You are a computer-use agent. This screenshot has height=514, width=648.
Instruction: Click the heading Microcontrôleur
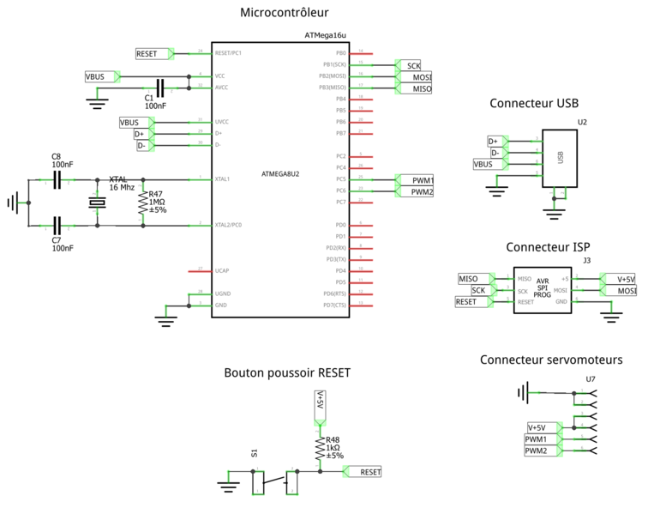pos(285,12)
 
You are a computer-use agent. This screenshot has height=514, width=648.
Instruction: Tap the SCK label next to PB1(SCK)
pos(413,65)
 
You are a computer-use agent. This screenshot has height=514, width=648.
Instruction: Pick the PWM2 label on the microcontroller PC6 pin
pos(420,192)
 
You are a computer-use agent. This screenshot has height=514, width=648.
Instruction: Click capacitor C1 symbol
pos(160,87)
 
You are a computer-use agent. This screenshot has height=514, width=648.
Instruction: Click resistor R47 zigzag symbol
pos(142,203)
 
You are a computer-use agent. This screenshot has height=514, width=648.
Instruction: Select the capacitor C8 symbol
pos(57,180)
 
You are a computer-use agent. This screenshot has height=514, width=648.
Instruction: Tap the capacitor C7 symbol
pos(57,226)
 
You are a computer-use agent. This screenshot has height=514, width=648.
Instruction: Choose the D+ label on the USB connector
pos(493,141)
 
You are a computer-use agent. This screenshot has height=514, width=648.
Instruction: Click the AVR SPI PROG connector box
pos(542,290)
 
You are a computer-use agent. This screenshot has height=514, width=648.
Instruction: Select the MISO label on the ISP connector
pos(469,278)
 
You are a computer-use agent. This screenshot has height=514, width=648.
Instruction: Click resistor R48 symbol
pos(319,447)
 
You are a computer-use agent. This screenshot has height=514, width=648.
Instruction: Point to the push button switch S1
pos(274,483)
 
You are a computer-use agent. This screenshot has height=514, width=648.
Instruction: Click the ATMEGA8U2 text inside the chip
pos(280,174)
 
